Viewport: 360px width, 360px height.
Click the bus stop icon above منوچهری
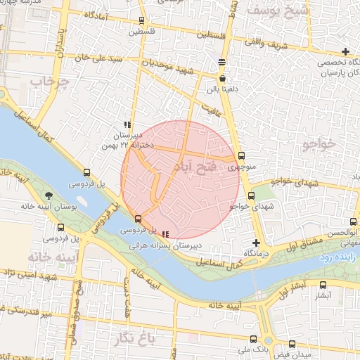click(242, 155)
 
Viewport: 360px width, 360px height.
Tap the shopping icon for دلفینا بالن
click(222, 79)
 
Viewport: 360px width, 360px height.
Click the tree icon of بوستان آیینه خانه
click(48, 195)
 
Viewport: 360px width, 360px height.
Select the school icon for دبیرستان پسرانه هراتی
click(165, 234)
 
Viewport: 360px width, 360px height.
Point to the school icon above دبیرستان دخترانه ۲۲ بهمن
click(127, 124)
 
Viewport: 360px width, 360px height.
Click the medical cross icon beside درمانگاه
click(256, 242)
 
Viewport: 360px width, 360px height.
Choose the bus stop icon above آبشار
click(323, 285)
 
